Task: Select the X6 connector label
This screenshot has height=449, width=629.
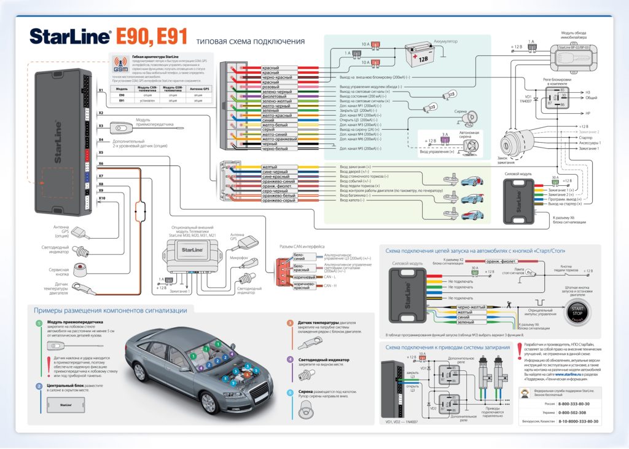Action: pos(101,164)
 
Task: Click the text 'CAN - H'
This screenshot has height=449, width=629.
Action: pos(330,285)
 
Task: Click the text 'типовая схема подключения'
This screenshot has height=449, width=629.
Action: pos(250,42)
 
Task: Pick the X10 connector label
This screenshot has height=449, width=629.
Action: pos(101,198)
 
